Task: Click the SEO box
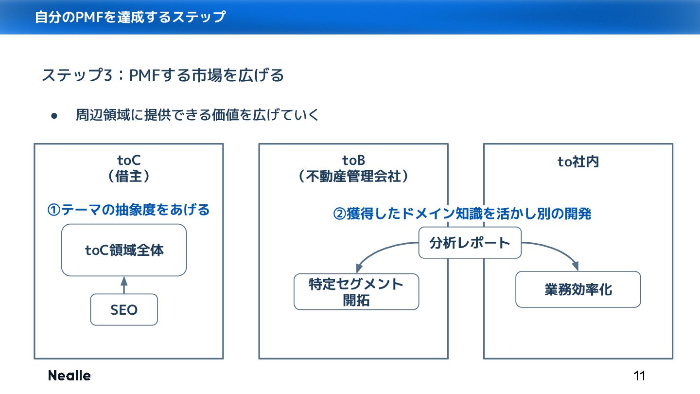124,310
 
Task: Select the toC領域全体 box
124,251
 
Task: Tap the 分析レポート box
470,243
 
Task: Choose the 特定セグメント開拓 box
356,292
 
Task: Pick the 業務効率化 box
578,289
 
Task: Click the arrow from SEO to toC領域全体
124,285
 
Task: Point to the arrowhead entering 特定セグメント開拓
359,268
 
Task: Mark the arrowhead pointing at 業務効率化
575,266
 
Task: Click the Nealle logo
69,376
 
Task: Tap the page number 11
639,376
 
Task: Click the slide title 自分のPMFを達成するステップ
130,17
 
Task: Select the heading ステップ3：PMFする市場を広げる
163,76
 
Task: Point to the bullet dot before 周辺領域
54,116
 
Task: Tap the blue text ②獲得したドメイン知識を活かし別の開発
462,214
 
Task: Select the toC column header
129,160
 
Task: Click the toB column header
353,160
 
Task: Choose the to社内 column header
578,161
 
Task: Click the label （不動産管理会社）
353,176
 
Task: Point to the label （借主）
129,176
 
